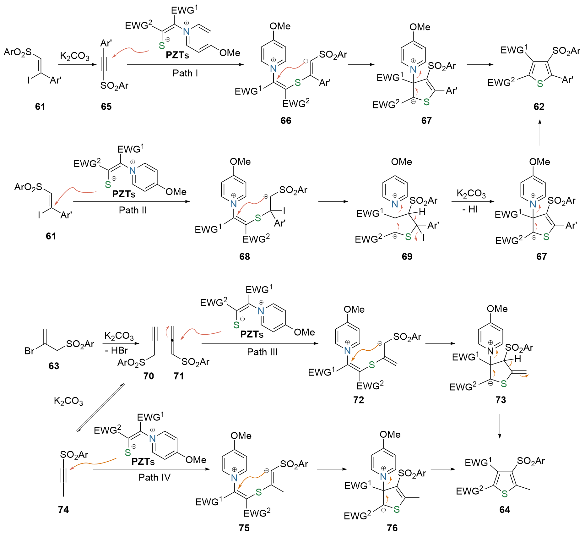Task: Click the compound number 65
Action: (106, 107)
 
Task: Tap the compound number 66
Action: (286, 120)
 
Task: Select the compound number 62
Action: (539, 107)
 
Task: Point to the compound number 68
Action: (245, 256)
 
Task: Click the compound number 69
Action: (407, 256)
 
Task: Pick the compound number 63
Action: (54, 366)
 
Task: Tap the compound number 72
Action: (358, 400)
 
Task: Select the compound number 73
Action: (501, 400)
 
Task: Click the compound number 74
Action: (63, 509)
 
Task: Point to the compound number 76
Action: (392, 528)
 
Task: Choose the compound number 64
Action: (505, 509)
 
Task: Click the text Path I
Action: (185, 73)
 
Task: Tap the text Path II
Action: (133, 210)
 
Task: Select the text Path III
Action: (263, 352)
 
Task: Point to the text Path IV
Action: (154, 477)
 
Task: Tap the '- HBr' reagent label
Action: (116, 350)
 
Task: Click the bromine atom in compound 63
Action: (29, 351)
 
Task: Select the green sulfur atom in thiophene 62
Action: (540, 84)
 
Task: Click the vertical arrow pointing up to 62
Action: (540, 132)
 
